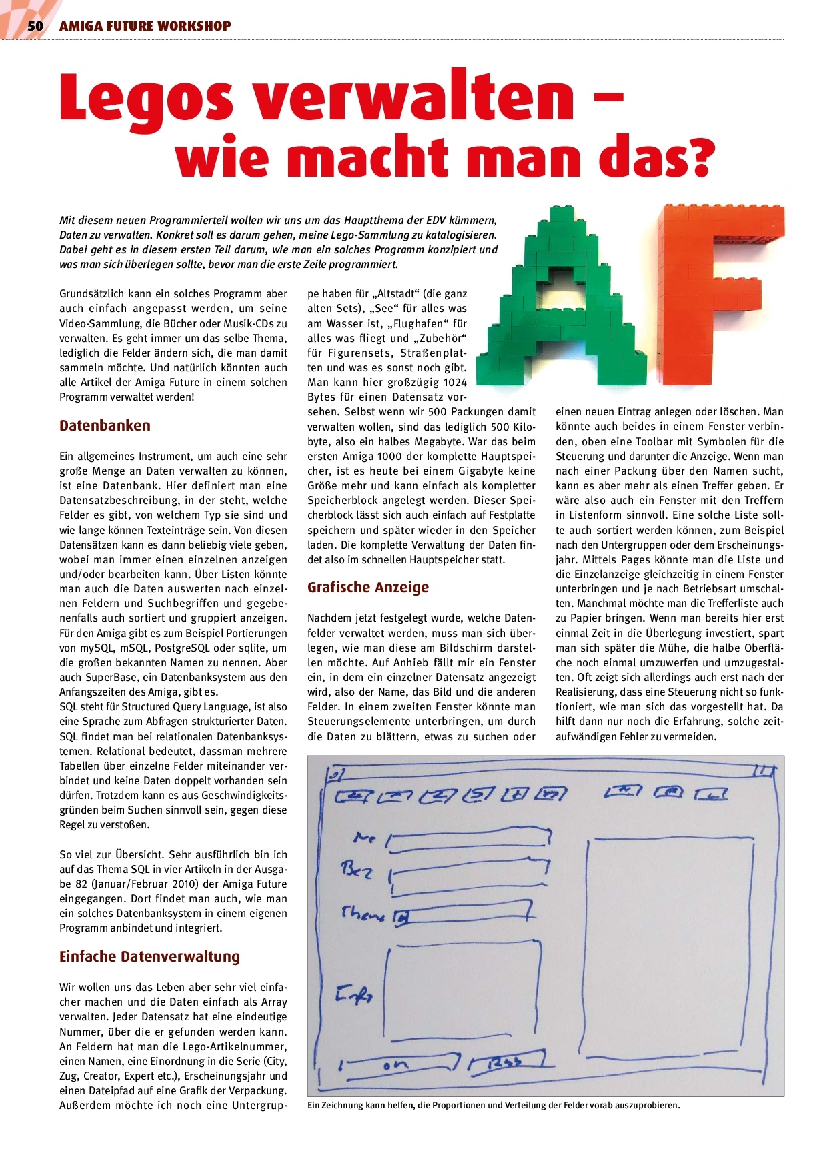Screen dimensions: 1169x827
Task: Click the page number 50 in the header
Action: (35, 26)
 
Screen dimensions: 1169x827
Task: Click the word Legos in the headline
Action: (146, 98)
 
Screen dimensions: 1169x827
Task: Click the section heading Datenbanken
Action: (105, 425)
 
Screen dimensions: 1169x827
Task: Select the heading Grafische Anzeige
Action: (367, 587)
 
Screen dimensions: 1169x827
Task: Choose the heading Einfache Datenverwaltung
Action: (149, 956)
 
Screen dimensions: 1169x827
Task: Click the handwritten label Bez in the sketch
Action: (356, 870)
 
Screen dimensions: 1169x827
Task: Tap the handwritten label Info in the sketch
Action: (354, 996)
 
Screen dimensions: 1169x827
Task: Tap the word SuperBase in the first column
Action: (108, 678)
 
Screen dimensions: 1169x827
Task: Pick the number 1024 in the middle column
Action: (454, 383)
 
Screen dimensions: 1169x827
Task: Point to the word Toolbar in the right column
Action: (642, 441)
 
